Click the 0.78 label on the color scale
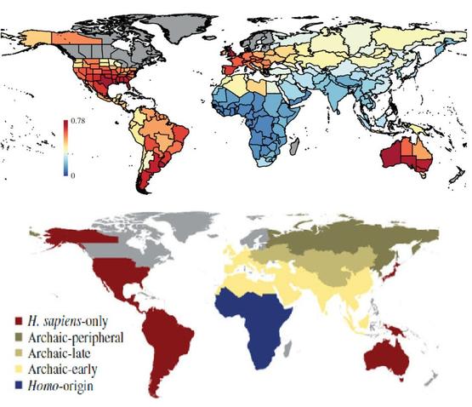pos(78,121)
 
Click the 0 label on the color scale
pos(73,175)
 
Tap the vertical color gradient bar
pos(65,147)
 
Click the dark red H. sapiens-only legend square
pos(19,321)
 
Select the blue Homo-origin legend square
pos(19,386)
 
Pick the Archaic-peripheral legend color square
pos(19,337)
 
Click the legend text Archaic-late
pos(59,353)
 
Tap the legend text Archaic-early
pos(62,370)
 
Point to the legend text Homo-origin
pos(60,386)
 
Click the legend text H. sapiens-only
pos(68,321)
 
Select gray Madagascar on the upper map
pos(294,146)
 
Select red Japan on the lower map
pos(391,271)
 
